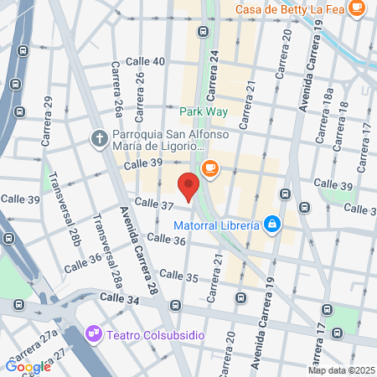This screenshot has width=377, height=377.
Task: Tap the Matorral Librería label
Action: pos(216,225)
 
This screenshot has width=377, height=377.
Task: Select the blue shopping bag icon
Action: pos(272,224)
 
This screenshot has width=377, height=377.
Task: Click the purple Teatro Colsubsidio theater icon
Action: pos(94,333)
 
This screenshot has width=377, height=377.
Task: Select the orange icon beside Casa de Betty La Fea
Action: pos(357,8)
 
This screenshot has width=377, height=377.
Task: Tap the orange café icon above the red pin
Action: pos(209,168)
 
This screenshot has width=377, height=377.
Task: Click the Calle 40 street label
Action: pos(145,62)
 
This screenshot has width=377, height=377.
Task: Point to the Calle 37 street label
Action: pos(153,204)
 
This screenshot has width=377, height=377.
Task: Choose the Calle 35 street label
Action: pos(178,276)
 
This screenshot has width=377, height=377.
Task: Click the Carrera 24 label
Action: pos(214,74)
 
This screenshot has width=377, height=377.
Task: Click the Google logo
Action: pos(28,365)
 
